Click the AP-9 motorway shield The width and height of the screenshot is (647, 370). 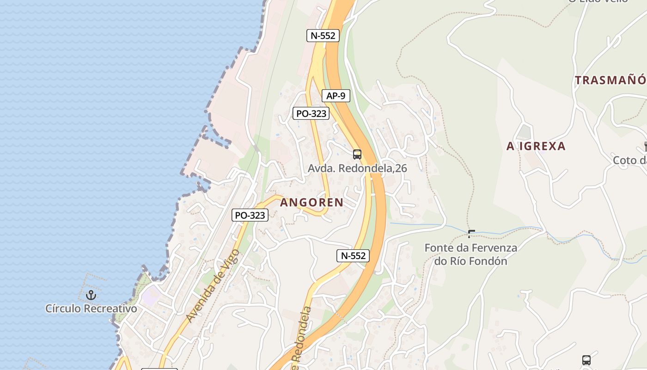click(336, 96)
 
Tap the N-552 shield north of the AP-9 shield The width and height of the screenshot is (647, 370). click(323, 36)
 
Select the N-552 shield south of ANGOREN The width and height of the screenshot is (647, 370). click(353, 256)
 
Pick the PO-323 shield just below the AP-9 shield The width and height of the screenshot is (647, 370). click(311, 113)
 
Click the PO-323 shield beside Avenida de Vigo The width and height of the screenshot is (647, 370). click(250, 215)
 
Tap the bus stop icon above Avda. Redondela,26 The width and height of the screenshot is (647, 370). click(357, 154)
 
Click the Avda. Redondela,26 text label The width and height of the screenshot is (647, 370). click(357, 168)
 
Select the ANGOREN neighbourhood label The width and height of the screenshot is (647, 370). click(311, 202)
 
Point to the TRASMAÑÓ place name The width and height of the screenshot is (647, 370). click(610, 80)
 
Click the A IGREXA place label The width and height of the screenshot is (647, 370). click(536, 146)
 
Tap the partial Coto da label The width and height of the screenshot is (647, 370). click(629, 160)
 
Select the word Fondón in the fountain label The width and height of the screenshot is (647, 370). click(488, 261)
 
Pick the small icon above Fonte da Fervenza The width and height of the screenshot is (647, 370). click(471, 234)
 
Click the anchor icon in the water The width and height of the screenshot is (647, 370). click(91, 295)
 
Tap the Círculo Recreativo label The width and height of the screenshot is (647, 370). click(91, 308)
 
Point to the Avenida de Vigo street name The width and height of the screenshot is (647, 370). click(213, 286)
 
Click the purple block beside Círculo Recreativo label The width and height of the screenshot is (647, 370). click(151, 295)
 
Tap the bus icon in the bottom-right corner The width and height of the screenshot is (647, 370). click(586, 360)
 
